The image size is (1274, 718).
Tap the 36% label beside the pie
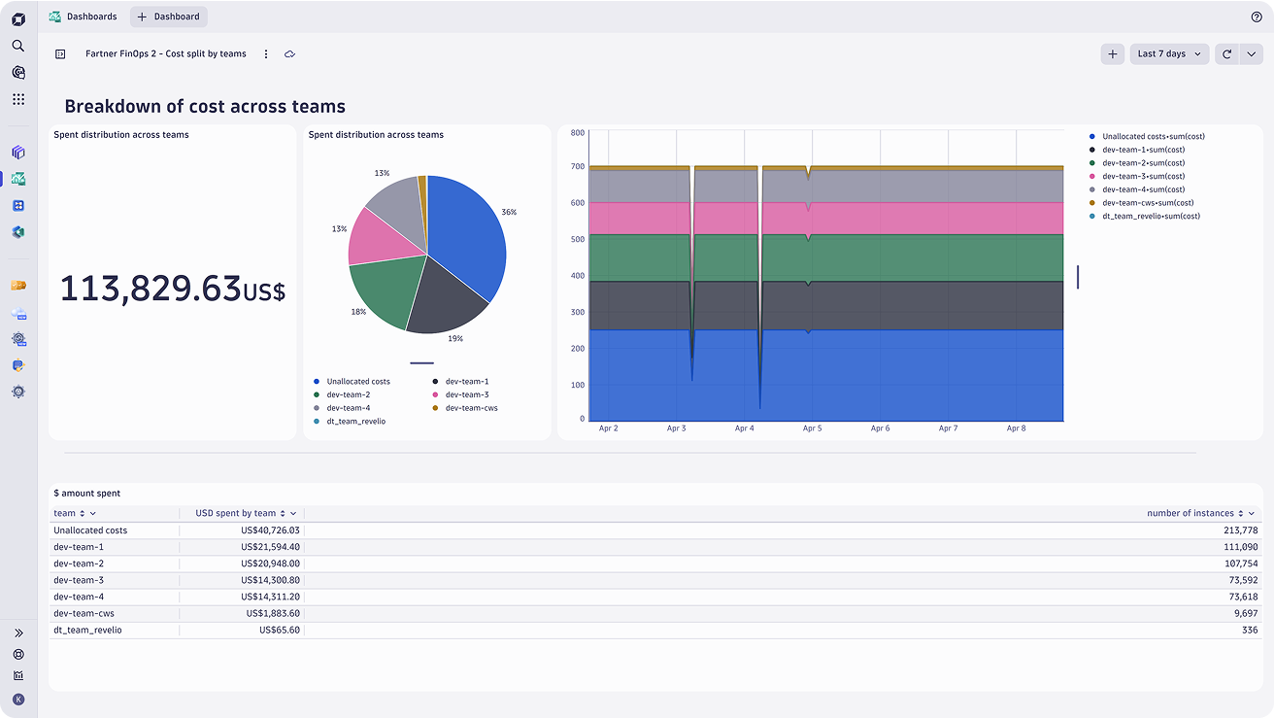(509, 212)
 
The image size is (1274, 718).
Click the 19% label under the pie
(455, 338)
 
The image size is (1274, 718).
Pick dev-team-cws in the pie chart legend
(471, 408)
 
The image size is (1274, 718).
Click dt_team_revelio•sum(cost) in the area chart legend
(1151, 217)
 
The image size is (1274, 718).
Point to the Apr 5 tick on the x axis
(812, 428)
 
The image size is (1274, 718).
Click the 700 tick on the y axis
(577, 166)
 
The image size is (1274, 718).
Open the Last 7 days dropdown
(1169, 54)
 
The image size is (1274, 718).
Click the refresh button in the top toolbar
(1226, 54)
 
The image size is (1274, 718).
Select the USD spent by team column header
(235, 513)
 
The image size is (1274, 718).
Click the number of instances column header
(1190, 513)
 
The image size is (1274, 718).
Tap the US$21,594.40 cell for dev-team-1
(270, 547)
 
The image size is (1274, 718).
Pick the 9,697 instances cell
(1246, 613)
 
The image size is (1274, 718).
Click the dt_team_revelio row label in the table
(87, 630)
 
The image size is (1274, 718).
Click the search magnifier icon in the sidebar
(18, 46)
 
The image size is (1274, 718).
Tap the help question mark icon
(1257, 17)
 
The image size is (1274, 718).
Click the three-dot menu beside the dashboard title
(266, 54)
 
